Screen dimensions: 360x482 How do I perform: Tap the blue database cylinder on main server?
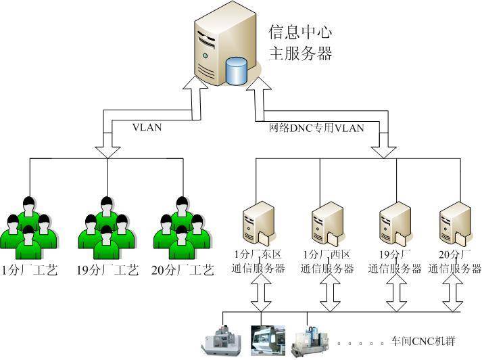(x=237, y=70)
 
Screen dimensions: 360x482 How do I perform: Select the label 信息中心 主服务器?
(x=300, y=43)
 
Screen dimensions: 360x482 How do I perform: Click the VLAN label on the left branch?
(x=147, y=127)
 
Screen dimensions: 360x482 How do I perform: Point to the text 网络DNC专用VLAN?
(x=316, y=127)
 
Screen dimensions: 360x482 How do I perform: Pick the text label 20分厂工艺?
(x=182, y=271)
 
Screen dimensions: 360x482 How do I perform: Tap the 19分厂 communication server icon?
(x=394, y=224)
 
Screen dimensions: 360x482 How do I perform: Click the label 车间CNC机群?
(x=423, y=340)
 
